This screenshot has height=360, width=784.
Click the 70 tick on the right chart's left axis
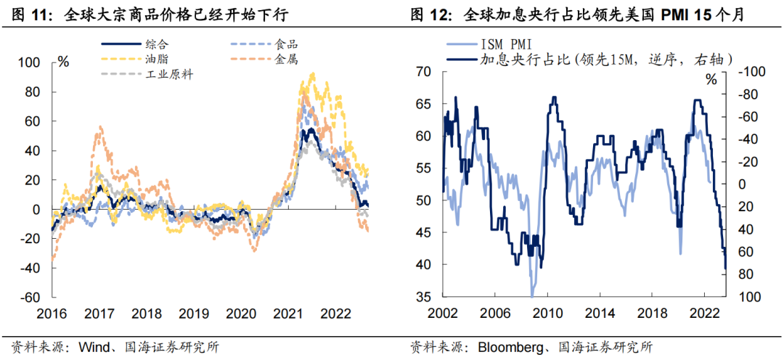[x=424, y=71]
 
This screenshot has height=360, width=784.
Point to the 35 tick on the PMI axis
[x=424, y=297]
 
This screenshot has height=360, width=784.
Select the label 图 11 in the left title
[x=24, y=14]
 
